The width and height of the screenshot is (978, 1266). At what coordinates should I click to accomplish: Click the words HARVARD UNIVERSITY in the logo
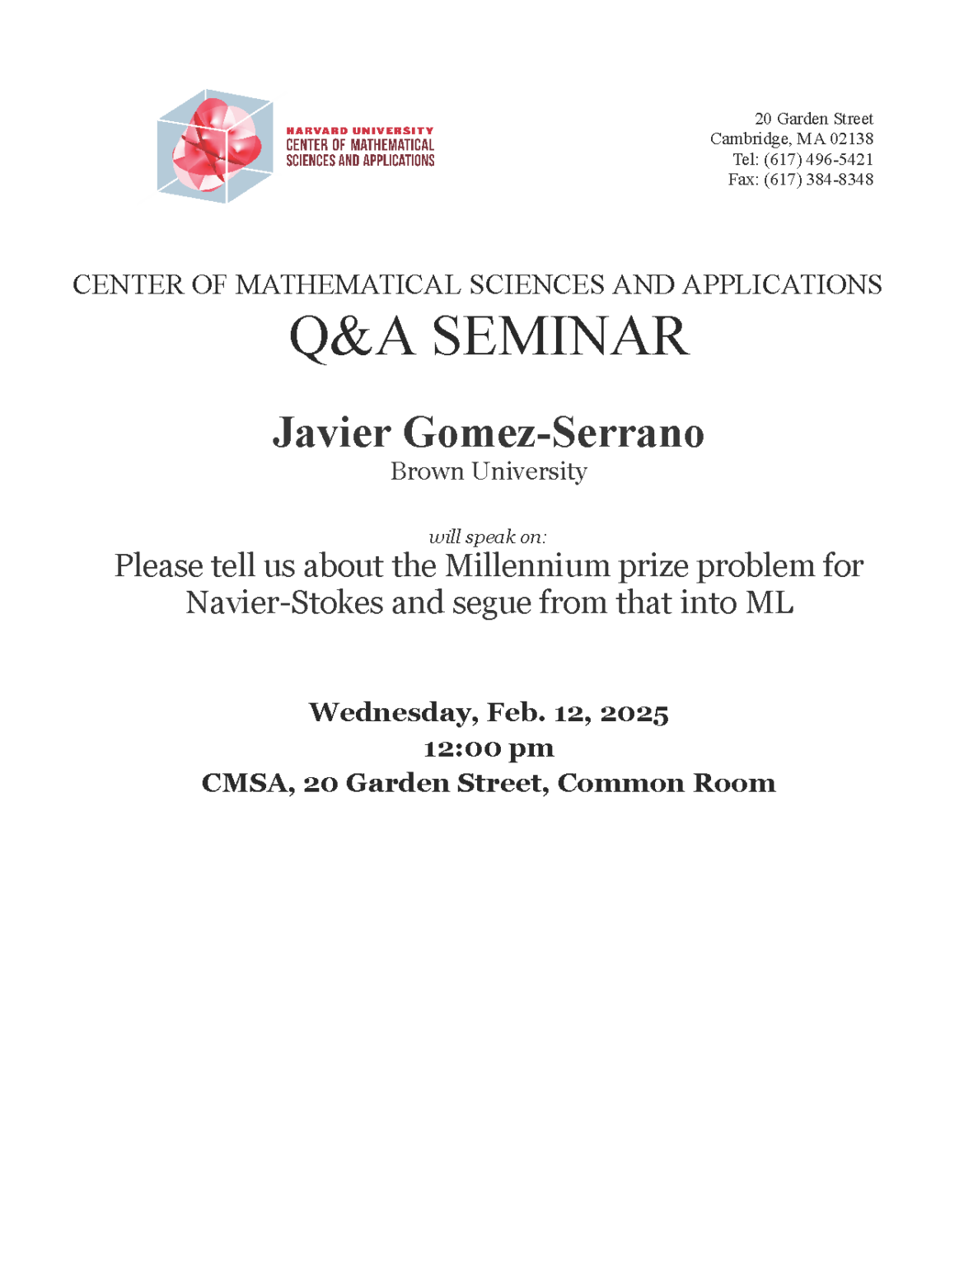tap(359, 130)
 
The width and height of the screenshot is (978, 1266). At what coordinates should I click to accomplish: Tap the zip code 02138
tap(851, 138)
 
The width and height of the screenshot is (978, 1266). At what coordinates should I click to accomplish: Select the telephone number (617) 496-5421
tap(818, 159)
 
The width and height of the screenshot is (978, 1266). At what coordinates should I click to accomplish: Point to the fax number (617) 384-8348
tap(818, 179)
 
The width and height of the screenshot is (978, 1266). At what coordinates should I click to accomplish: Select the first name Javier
tap(331, 432)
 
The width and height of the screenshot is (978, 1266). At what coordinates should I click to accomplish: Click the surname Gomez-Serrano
tap(553, 432)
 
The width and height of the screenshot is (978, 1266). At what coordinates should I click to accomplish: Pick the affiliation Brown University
tap(489, 471)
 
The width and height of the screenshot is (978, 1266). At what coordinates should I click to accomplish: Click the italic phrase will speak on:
tap(488, 537)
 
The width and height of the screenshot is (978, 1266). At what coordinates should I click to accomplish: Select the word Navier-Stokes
tap(284, 603)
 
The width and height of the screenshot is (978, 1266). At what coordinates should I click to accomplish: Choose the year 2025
tap(634, 712)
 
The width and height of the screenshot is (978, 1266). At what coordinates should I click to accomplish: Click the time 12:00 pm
tap(489, 748)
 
